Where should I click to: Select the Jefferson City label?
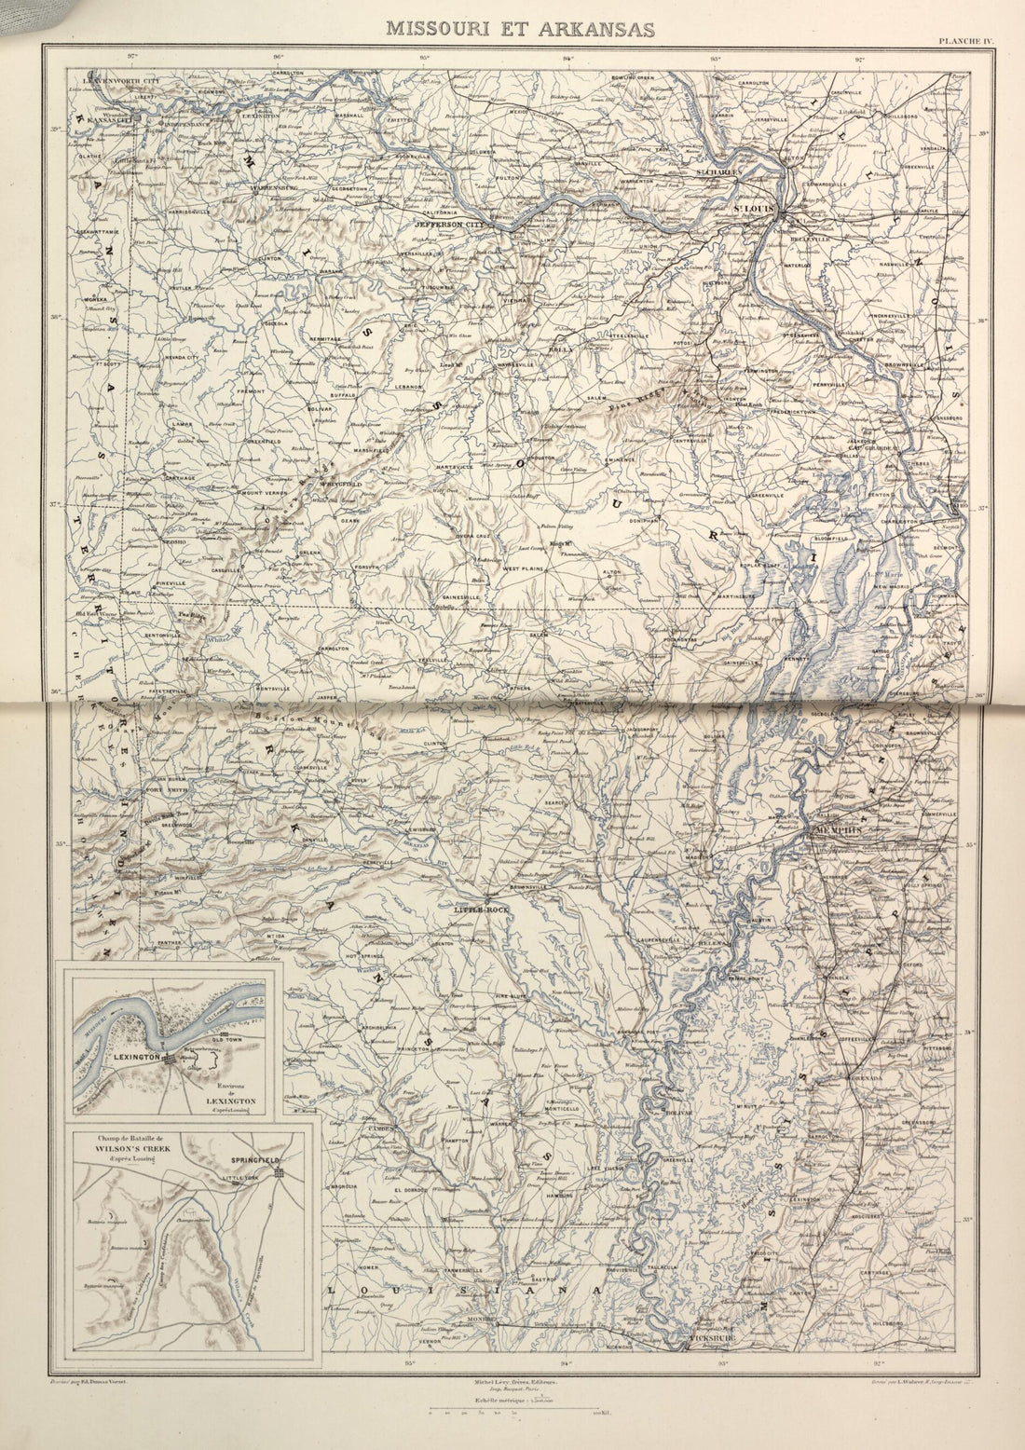click(451, 225)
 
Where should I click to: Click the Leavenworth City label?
click(121, 81)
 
